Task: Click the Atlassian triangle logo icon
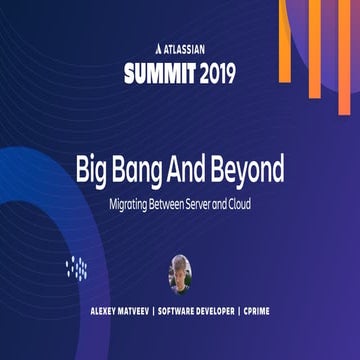(x=149, y=47)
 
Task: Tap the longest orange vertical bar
(x=313, y=45)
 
